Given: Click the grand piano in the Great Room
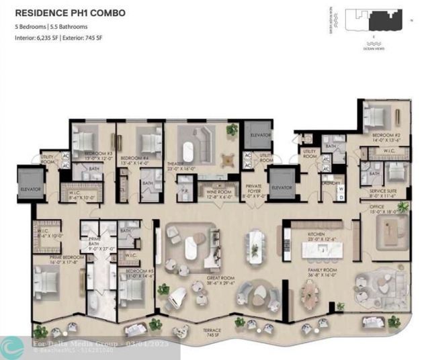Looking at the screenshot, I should [178, 298].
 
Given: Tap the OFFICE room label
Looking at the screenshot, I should [385, 208].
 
